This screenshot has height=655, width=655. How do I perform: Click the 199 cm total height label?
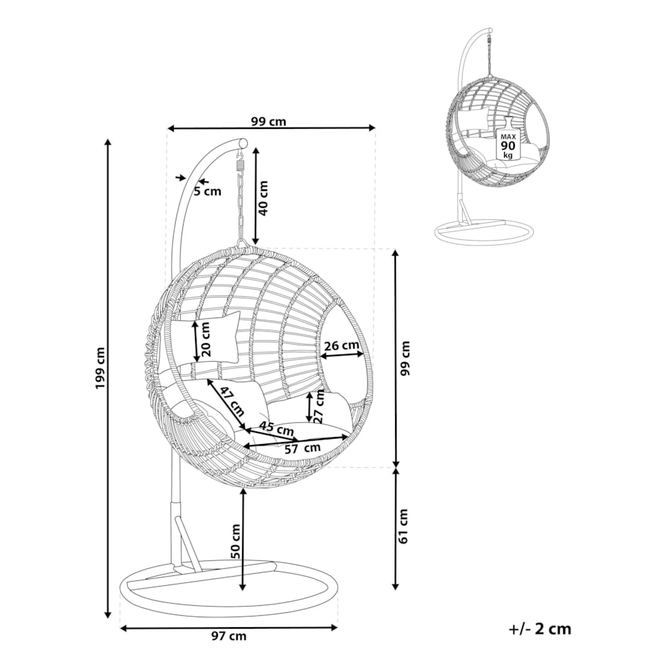(99, 368)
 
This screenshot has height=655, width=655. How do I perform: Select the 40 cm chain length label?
(263, 198)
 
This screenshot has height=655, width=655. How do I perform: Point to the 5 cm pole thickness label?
(208, 191)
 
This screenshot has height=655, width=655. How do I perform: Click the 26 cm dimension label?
(341, 346)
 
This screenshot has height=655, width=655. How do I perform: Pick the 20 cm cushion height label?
(206, 338)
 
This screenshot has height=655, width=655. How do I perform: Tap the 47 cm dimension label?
(232, 400)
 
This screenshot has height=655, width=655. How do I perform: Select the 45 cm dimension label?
(276, 429)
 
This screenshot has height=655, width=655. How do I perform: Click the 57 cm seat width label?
(302, 448)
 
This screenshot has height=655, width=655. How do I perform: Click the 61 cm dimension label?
(404, 526)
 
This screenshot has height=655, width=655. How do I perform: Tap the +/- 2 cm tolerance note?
(540, 629)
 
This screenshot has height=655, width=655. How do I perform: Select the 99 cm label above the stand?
(268, 121)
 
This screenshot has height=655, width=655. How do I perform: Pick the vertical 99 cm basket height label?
(406, 359)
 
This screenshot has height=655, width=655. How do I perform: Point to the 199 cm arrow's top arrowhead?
(108, 142)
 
